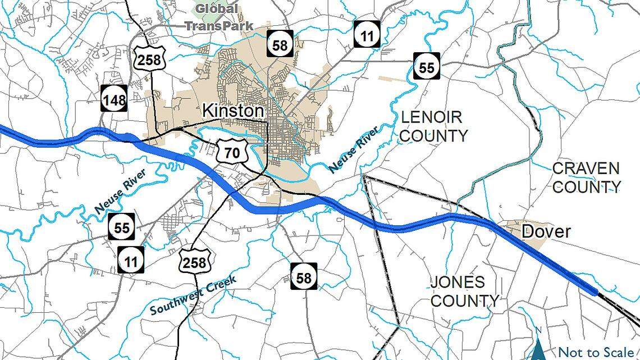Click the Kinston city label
click(x=233, y=111)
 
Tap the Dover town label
click(x=545, y=231)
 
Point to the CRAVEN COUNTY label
click(x=587, y=177)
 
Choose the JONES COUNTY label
click(x=464, y=291)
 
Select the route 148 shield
click(x=115, y=99)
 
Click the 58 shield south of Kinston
click(x=304, y=277)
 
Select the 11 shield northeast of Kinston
click(x=367, y=35)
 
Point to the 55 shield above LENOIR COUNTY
click(x=427, y=67)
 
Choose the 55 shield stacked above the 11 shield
click(x=122, y=227)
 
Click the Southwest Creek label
click(x=194, y=295)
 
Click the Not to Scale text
click(x=595, y=352)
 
